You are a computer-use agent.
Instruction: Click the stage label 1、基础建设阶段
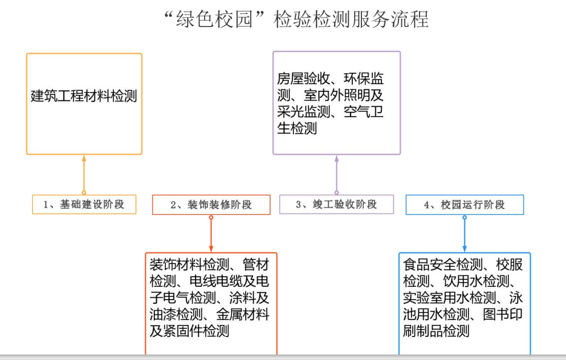click(x=84, y=205)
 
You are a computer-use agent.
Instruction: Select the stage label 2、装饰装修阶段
click(x=211, y=205)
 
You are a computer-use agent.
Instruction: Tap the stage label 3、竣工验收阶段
click(x=337, y=205)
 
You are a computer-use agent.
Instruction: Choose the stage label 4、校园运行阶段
click(x=464, y=205)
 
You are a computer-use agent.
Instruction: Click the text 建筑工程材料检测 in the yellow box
click(x=84, y=96)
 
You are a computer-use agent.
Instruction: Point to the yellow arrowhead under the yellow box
click(x=84, y=159)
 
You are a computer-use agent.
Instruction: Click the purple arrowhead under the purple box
click(x=337, y=159)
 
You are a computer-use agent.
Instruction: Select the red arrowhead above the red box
click(x=211, y=248)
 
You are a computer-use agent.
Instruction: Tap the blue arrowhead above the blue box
click(x=464, y=248)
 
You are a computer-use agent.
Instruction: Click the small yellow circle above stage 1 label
click(x=84, y=192)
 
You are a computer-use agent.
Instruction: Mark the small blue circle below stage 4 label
click(x=464, y=217)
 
